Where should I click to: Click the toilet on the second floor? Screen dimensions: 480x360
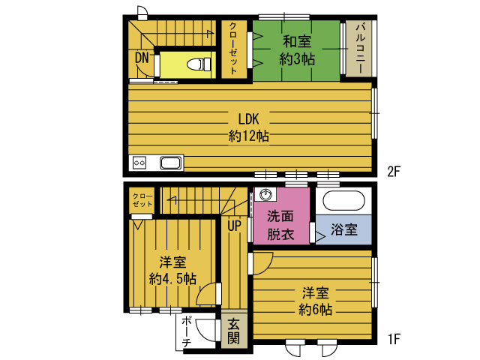(199, 64)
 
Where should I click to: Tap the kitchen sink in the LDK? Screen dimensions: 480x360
(171, 163)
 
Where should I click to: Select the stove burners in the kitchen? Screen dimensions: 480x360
(139, 163)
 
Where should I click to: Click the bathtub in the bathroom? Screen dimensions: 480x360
(343, 201)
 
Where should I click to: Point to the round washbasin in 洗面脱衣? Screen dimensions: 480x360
(265, 194)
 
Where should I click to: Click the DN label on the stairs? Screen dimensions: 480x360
(142, 58)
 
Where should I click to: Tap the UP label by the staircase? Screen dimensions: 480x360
(234, 226)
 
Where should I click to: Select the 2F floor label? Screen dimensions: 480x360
(394, 172)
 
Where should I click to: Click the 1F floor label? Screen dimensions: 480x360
(394, 339)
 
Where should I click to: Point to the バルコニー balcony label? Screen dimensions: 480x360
(360, 48)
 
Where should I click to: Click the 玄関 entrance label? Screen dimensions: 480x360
(233, 331)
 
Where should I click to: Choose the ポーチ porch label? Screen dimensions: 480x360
(187, 333)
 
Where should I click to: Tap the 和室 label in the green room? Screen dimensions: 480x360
(297, 41)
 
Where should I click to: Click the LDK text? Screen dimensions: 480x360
(248, 119)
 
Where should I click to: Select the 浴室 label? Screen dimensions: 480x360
(344, 229)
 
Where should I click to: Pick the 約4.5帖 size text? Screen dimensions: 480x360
(172, 279)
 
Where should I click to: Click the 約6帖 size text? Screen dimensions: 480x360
(316, 310)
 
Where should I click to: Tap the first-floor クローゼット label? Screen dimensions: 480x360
(142, 200)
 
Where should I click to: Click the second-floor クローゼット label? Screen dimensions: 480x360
(233, 48)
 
